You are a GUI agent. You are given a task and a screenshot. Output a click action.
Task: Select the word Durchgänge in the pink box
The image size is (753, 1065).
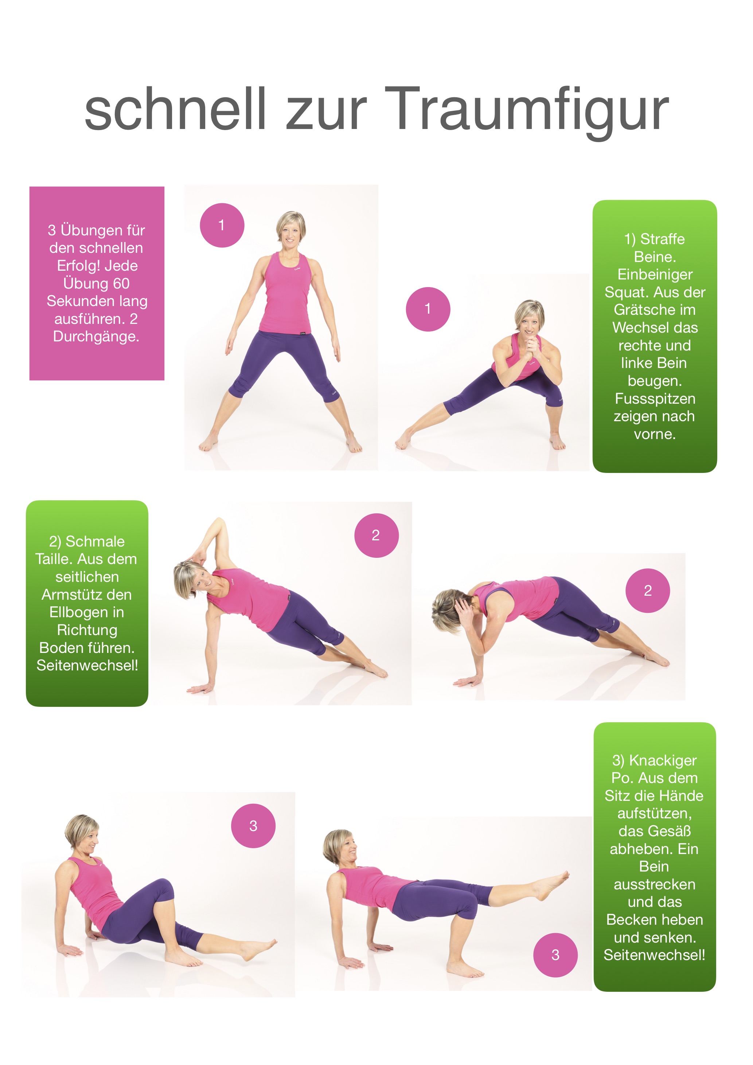point(95,337)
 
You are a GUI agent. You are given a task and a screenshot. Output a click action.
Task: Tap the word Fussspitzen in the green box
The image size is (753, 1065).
point(655,399)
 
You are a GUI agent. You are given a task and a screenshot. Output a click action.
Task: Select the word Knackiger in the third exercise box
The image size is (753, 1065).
point(663,761)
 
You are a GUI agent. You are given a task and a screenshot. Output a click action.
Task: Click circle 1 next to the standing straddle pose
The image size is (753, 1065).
point(222,226)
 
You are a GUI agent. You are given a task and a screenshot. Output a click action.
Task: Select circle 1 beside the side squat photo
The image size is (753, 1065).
point(428,309)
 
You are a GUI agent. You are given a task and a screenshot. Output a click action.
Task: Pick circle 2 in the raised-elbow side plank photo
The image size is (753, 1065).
point(376,535)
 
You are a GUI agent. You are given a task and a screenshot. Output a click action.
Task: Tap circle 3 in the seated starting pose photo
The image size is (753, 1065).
point(253,826)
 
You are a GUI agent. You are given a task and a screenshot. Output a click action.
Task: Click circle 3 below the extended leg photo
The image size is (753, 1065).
point(555,955)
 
